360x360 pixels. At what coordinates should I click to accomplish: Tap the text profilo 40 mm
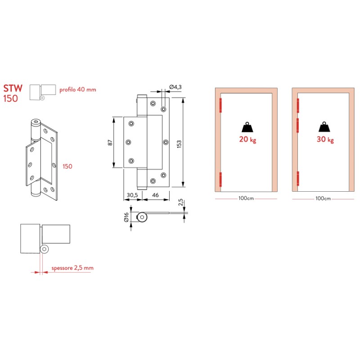(78, 90)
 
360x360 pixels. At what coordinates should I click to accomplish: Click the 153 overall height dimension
(180, 143)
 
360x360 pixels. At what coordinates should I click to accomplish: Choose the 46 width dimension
(154, 195)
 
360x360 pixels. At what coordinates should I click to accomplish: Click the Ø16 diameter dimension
(127, 218)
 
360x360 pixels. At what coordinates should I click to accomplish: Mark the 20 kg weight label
(247, 139)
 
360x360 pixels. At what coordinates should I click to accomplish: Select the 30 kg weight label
(324, 139)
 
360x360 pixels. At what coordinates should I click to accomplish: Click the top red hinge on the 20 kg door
(220, 106)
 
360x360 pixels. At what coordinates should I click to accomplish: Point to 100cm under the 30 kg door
(324, 198)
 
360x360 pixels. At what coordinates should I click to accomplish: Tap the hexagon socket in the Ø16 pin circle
(143, 218)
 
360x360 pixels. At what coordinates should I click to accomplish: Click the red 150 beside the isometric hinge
(67, 166)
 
